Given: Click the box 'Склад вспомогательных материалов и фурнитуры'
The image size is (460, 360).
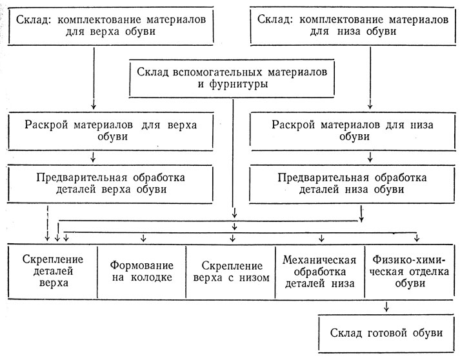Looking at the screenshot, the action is point(232,78).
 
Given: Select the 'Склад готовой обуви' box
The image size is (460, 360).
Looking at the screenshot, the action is point(386,334).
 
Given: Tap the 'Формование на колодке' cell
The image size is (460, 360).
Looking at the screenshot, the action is point(142,272).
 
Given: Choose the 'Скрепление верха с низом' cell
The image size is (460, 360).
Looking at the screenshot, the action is point(231,272).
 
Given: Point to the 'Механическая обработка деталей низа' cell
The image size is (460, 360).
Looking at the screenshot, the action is point(320,272).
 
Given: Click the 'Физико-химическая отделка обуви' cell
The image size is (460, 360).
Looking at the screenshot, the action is point(409,272).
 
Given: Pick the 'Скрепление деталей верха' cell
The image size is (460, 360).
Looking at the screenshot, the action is point(53,272).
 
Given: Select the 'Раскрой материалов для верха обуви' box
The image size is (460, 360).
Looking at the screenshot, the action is point(111,131).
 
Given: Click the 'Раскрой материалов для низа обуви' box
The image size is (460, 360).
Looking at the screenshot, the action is point(353,131).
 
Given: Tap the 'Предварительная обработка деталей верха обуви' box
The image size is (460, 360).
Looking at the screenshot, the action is point(110,184).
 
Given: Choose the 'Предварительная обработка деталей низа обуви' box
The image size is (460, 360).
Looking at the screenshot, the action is point(352,184).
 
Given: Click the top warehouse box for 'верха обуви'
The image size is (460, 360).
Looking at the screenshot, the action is point(111,26).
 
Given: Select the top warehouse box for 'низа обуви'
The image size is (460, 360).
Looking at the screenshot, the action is point(353,26).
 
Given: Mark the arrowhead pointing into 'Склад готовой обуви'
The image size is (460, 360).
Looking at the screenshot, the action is point(386,308).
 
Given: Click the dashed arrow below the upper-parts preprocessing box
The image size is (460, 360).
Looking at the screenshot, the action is point(47,223).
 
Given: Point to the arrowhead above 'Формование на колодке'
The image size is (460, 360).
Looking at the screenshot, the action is point(143,239).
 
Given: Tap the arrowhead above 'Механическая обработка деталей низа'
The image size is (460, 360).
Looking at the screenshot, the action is point(321,239).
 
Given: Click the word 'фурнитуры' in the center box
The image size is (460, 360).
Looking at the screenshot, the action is point(239,85).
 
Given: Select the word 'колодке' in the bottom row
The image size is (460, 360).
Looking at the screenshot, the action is point(152,277).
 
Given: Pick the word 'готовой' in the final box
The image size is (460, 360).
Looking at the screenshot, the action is point(387,334).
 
